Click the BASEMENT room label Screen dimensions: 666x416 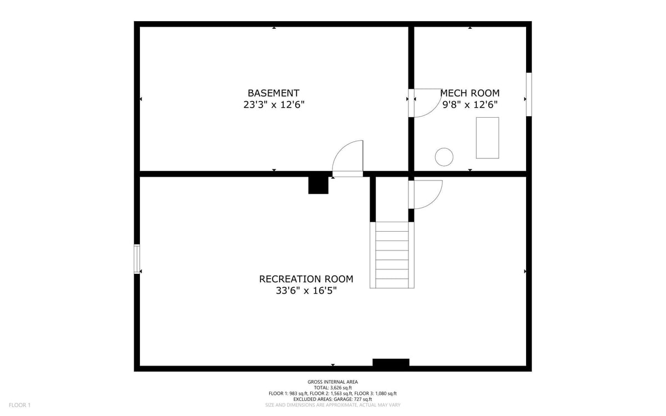click(x=273, y=93)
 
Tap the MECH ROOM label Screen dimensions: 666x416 click(x=470, y=93)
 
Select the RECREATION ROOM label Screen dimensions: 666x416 click(x=306, y=279)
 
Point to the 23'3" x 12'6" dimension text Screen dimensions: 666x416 click(x=274, y=105)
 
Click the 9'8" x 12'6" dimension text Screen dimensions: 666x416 click(x=470, y=105)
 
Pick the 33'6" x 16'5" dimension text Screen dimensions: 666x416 click(x=306, y=290)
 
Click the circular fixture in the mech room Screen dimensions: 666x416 click(x=444, y=157)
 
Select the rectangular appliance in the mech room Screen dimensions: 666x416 click(x=487, y=138)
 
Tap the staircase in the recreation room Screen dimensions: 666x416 click(x=392, y=255)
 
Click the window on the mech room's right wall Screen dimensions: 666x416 click(x=529, y=94)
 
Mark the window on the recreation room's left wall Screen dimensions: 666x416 click(x=137, y=259)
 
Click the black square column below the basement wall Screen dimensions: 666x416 click(x=318, y=185)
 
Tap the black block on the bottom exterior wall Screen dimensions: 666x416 click(x=391, y=363)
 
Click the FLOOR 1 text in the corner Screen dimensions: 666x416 click(x=19, y=405)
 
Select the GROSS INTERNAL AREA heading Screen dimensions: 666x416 click(x=332, y=382)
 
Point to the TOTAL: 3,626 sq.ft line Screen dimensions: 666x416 click(x=332, y=388)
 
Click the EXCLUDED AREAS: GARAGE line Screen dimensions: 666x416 click(x=332, y=399)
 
